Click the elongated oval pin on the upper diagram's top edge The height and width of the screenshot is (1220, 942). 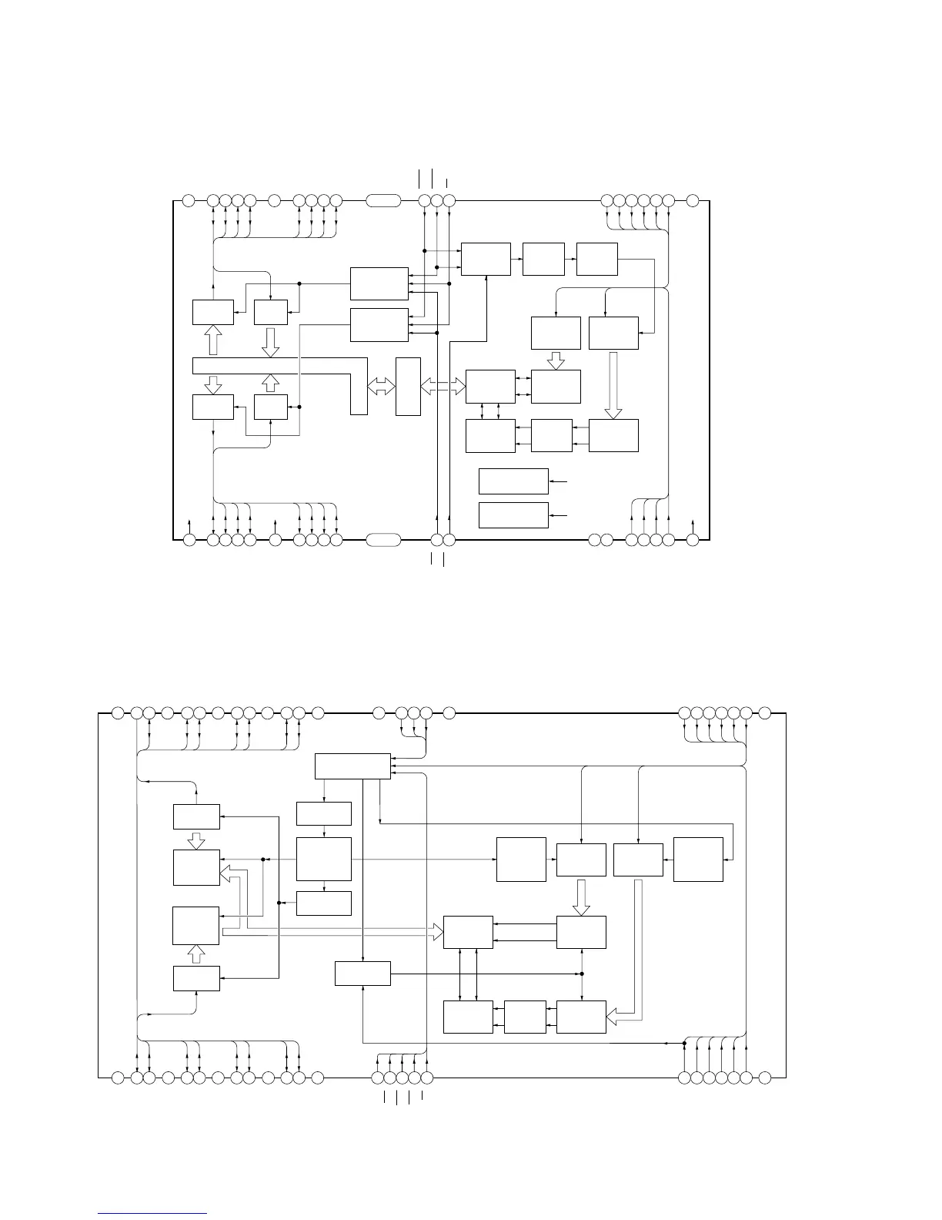[x=382, y=201]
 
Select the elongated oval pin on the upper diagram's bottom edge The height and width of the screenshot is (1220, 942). [x=382, y=540]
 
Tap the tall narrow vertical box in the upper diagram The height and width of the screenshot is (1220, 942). [x=408, y=387]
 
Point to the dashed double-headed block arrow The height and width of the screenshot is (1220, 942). [x=443, y=387]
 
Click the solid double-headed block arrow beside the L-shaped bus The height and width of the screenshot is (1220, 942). [x=381, y=387]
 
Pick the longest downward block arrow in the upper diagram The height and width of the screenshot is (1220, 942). [x=613, y=385]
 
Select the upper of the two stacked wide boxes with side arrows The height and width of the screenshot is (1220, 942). [x=513, y=481]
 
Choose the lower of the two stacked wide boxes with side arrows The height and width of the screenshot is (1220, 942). [x=513, y=515]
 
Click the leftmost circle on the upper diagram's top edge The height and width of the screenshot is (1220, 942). [x=189, y=201]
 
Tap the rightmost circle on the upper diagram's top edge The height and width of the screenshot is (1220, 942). [x=692, y=201]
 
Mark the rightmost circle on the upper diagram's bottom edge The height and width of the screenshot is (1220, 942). [x=692, y=540]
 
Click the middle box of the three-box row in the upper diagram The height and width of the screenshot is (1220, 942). [x=543, y=259]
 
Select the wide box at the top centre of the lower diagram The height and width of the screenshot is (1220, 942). [x=352, y=766]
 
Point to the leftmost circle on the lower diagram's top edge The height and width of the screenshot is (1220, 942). [x=118, y=712]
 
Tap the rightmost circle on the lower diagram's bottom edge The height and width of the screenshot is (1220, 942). [x=764, y=1076]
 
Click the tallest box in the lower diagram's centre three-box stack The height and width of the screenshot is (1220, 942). [x=323, y=859]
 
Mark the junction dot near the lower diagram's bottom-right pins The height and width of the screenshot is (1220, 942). [x=684, y=1044]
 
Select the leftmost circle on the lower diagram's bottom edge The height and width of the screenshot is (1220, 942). [x=118, y=1076]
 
